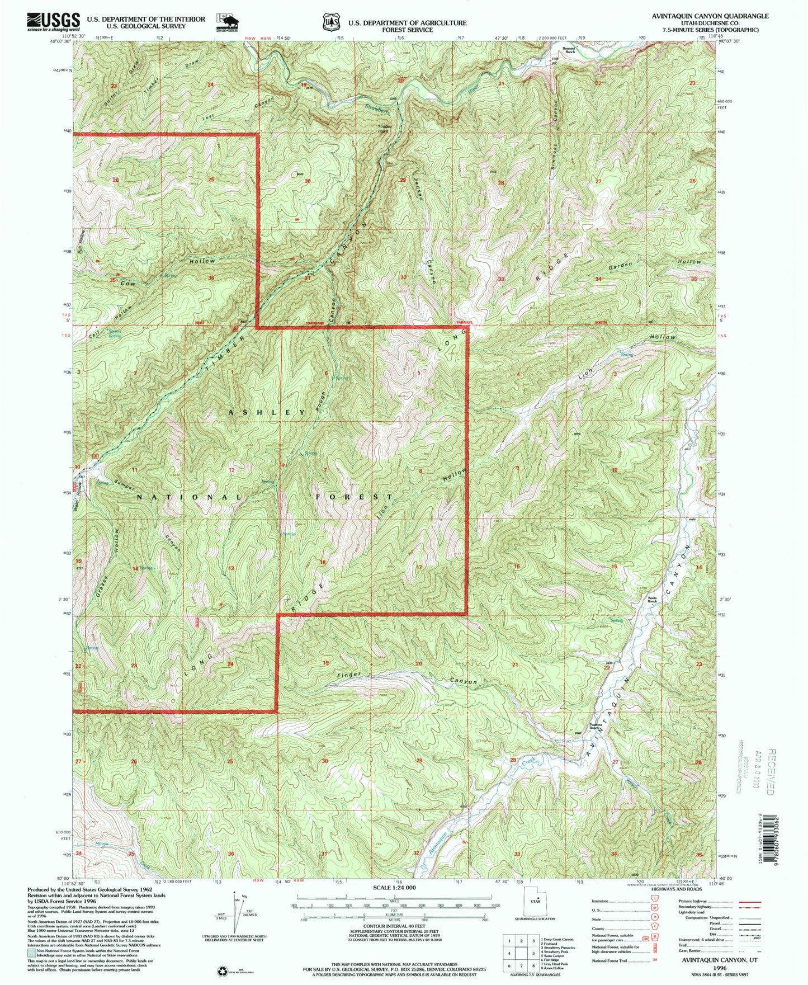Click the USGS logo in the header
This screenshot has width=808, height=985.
click(x=53, y=22)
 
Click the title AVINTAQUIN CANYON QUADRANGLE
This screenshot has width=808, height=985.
click(x=710, y=16)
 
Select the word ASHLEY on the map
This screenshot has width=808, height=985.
click(x=267, y=412)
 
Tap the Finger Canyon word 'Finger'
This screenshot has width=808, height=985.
click(x=349, y=675)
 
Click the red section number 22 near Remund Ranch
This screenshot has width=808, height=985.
click(x=598, y=83)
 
